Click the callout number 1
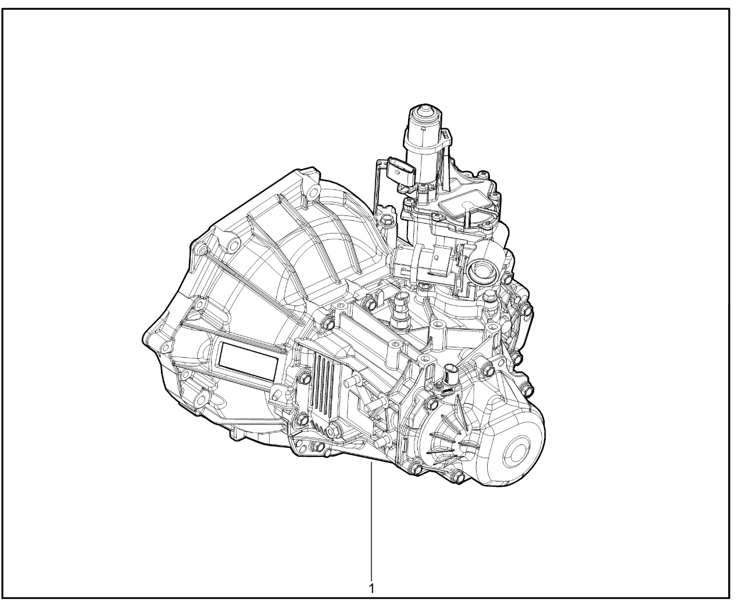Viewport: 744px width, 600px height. point(371,588)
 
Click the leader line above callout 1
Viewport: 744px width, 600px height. point(371,520)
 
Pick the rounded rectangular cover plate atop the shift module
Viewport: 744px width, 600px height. point(462,206)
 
